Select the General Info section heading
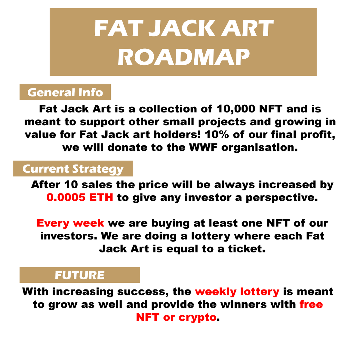click(65, 92)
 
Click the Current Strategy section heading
click(73, 169)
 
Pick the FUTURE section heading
click(80, 275)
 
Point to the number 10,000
click(235, 109)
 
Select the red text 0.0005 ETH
click(80, 197)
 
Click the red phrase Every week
click(70, 223)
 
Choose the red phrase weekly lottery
click(237, 291)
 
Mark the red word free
click(311, 304)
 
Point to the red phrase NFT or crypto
click(176, 317)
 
